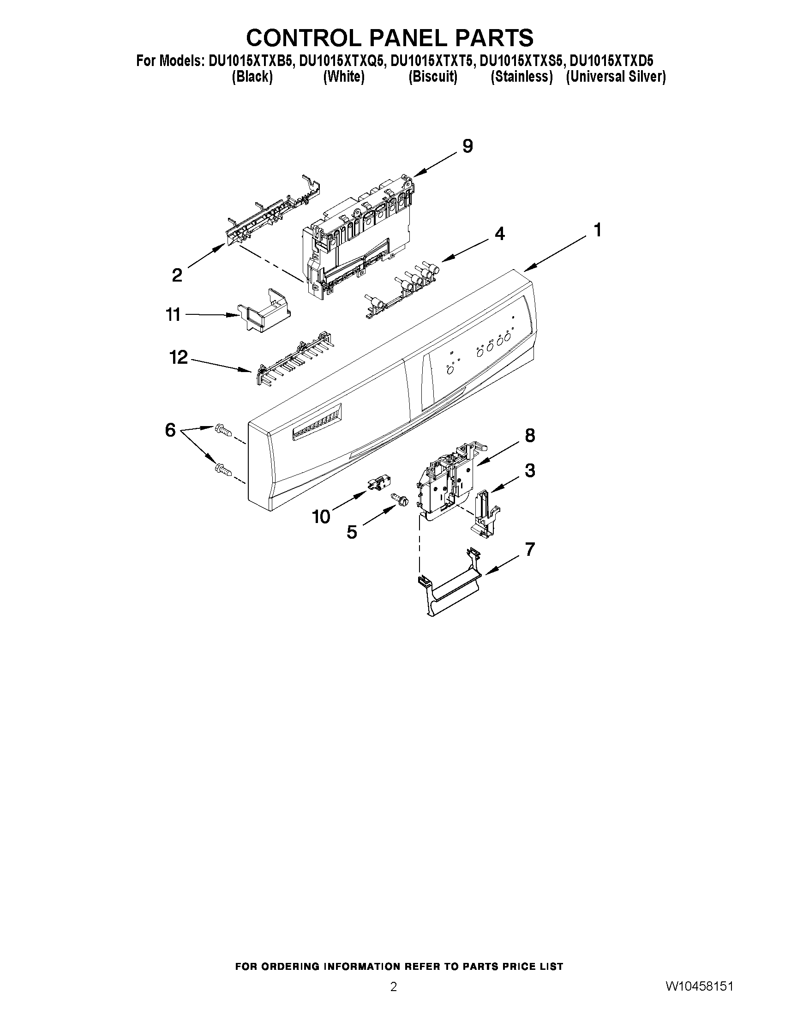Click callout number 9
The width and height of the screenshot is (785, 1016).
(467, 146)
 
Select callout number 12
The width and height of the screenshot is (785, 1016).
(179, 357)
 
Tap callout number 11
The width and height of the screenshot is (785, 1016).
(173, 315)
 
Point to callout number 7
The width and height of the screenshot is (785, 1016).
(530, 549)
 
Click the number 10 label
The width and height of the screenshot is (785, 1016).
(321, 516)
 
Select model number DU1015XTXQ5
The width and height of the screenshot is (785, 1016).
(342, 61)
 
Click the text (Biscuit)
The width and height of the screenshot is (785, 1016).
(432, 77)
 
